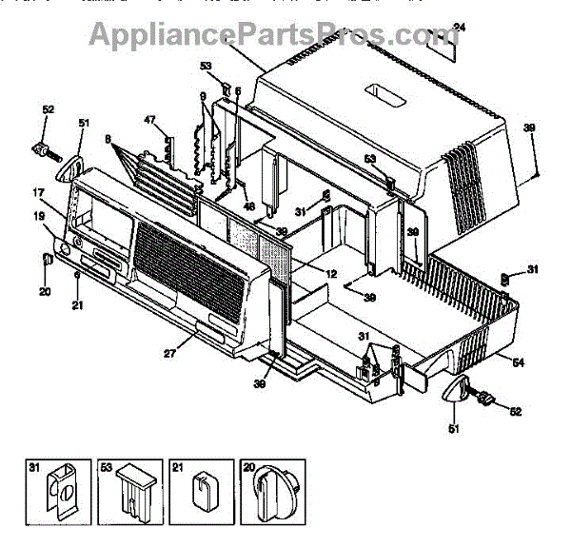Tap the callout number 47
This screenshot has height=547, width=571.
[148, 120]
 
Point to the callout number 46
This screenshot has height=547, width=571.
[249, 206]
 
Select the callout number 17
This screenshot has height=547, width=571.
[38, 193]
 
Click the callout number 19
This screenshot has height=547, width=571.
[38, 217]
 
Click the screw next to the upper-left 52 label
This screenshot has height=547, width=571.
[45, 150]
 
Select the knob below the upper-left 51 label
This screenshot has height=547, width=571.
[69, 168]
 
